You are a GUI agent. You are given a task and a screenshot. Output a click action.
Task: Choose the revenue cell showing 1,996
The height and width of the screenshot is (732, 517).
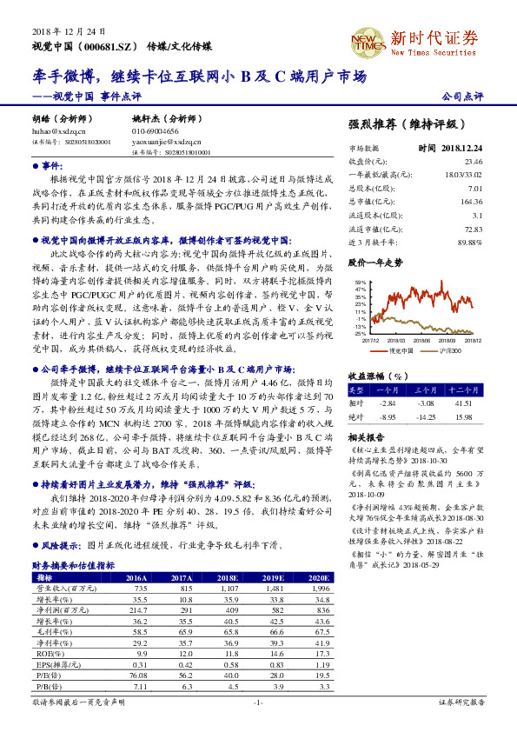pos(319,589)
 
